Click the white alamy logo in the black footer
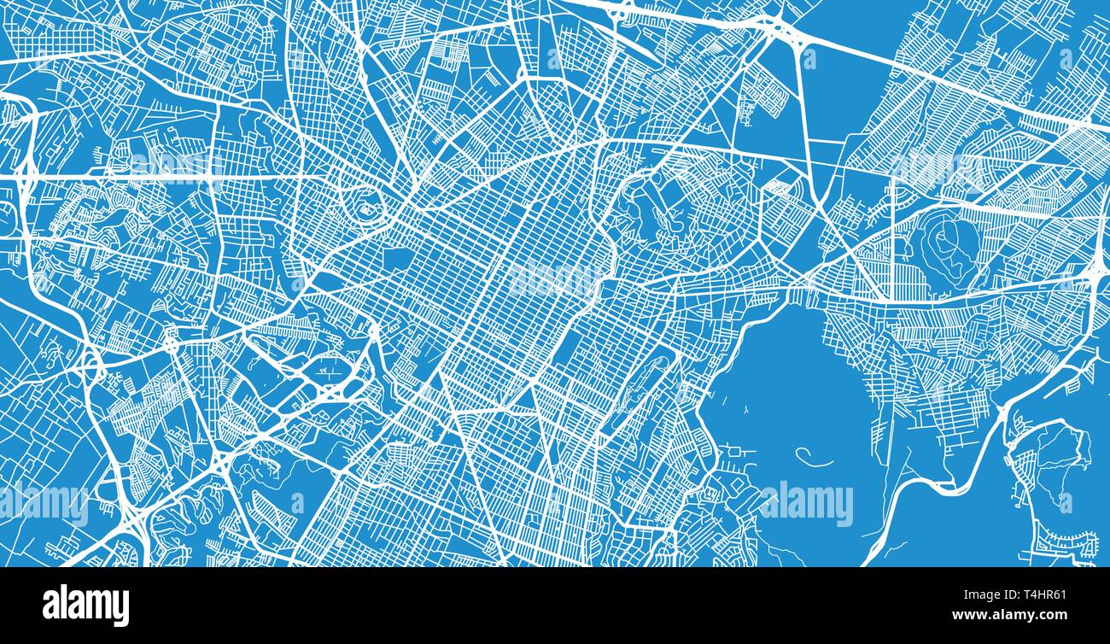(86, 605)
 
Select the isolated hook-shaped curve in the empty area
(815, 460)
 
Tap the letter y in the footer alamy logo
(120, 606)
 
